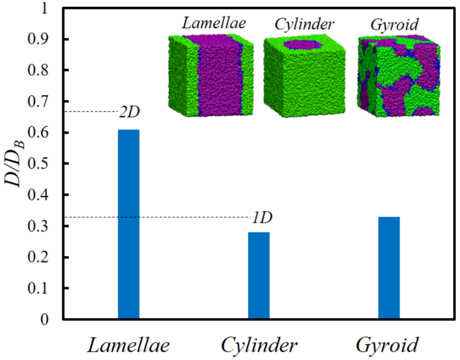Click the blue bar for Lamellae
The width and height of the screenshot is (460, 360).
128,224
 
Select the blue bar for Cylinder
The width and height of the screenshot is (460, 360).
259,276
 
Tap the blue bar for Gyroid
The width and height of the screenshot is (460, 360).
389,268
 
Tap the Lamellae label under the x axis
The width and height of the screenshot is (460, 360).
128,346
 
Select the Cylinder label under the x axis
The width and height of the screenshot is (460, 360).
259,346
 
